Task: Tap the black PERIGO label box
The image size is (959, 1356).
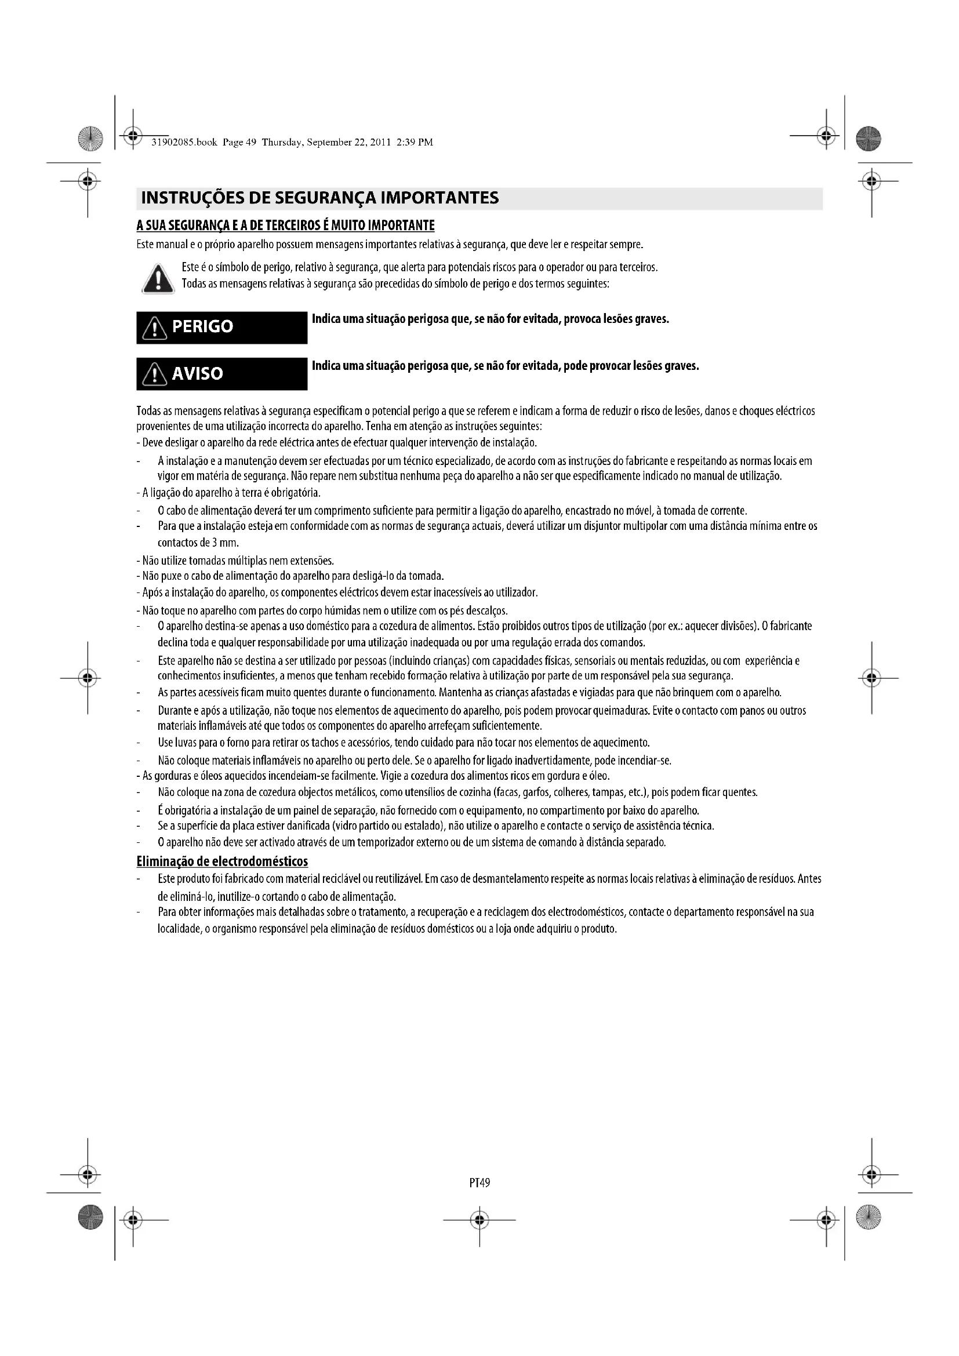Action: coord(221,327)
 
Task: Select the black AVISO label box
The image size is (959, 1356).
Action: coord(221,374)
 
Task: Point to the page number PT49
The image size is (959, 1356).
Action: coord(479,1182)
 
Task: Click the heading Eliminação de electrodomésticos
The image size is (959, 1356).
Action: coord(222,861)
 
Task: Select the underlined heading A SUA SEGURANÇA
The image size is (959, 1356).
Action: coord(285,226)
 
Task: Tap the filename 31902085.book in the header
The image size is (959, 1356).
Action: coord(184,143)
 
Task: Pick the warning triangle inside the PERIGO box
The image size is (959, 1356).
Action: coord(155,328)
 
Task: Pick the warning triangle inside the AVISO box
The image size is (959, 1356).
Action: coord(155,375)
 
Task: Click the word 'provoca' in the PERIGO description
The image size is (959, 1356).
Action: coord(586,319)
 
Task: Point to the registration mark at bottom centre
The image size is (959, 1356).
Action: coord(479,1220)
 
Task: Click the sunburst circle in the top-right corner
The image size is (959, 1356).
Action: coord(867,139)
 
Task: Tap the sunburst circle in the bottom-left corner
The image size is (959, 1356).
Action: coord(90,1217)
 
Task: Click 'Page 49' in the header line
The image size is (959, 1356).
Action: coord(240,143)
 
